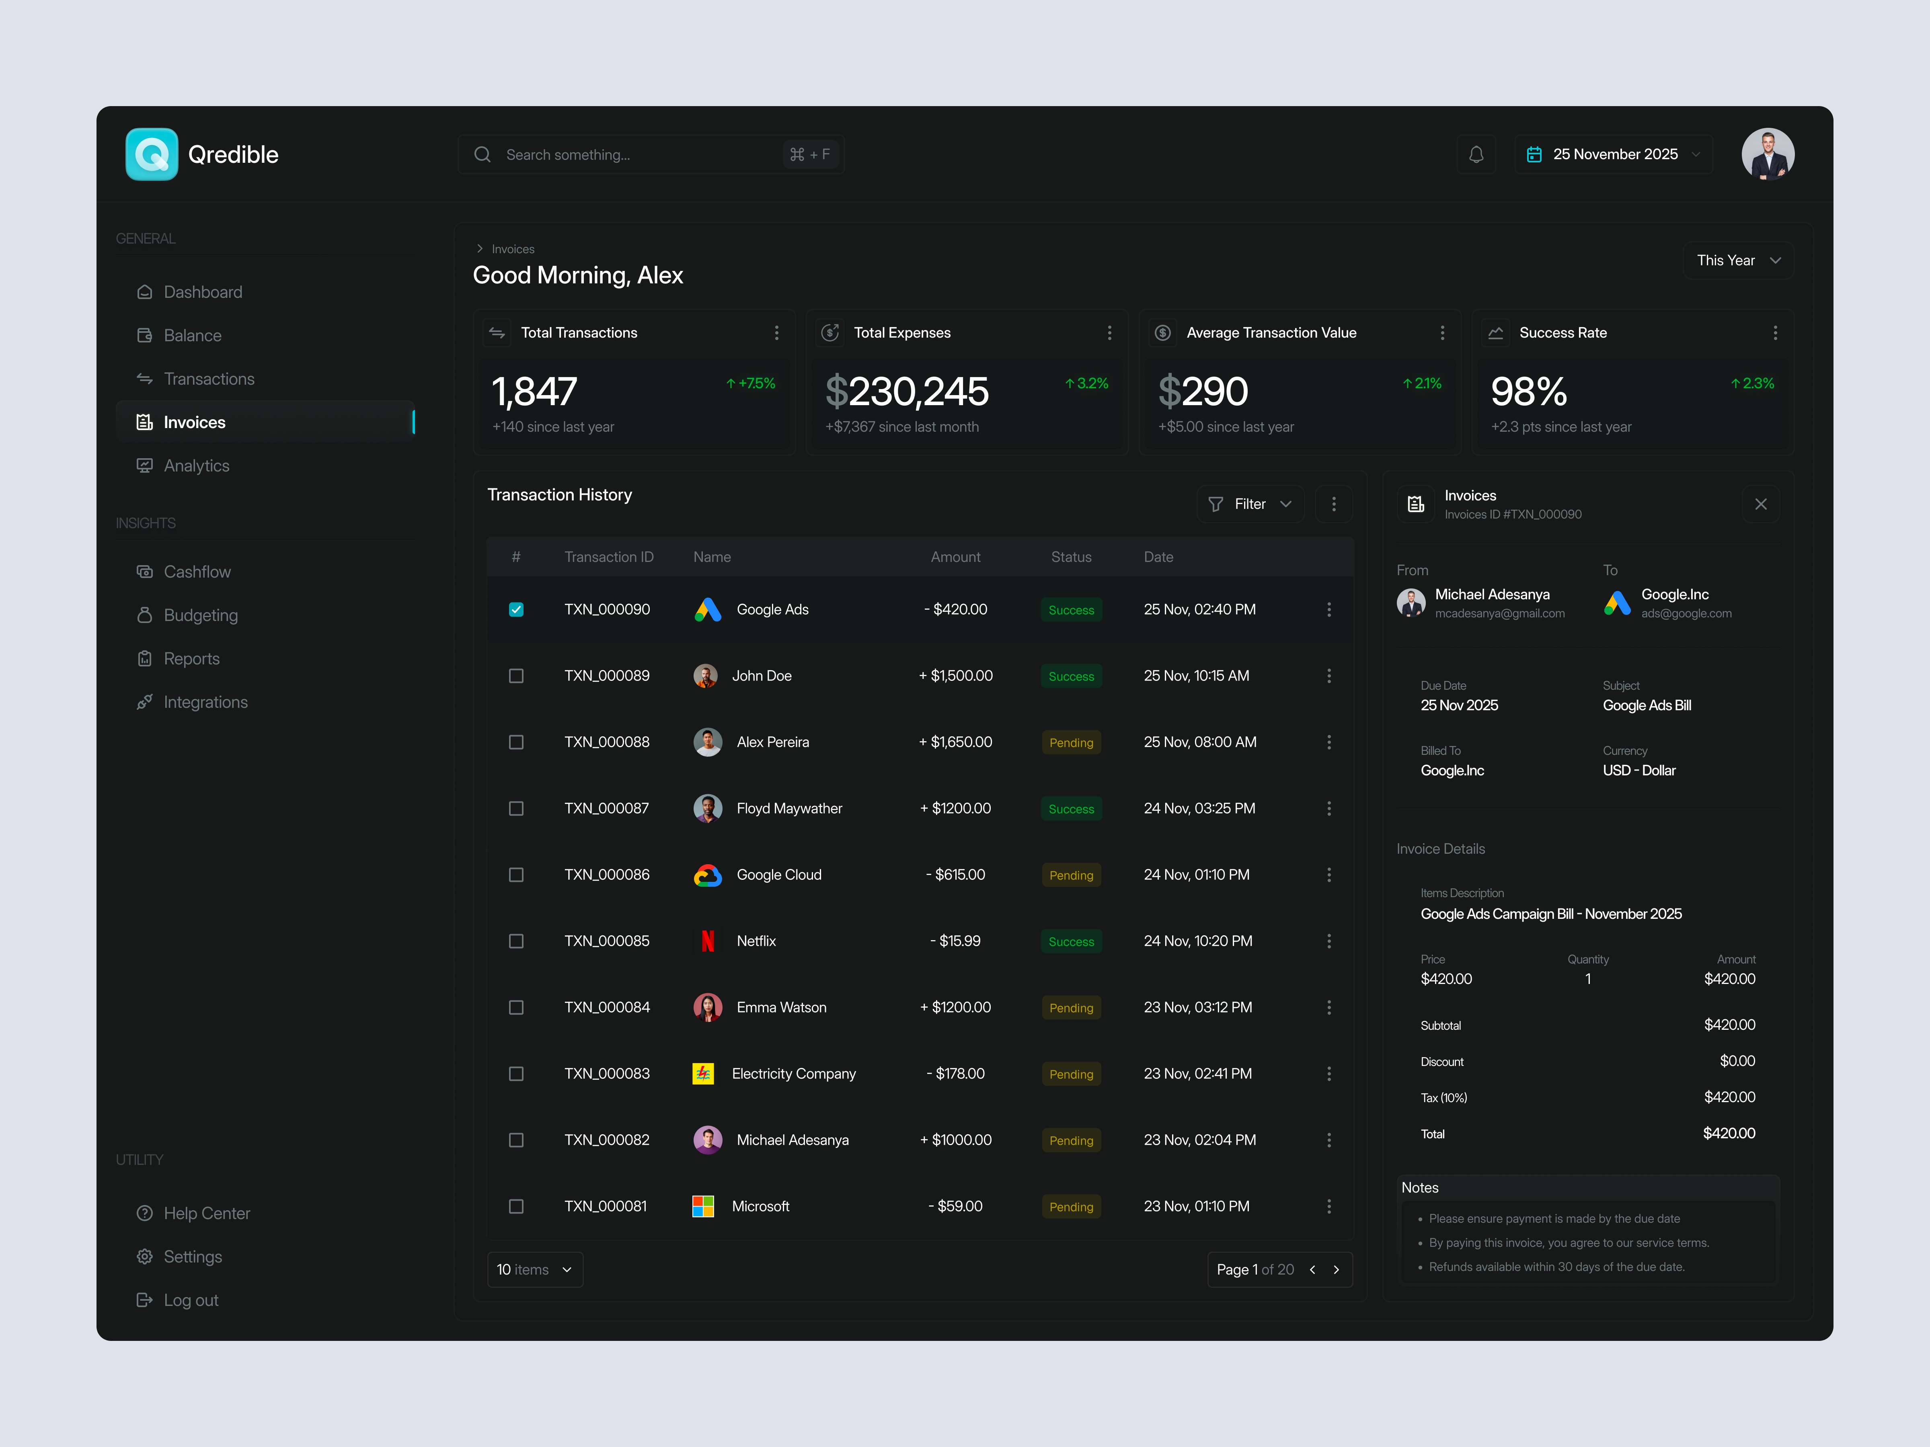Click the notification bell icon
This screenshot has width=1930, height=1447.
(x=1475, y=154)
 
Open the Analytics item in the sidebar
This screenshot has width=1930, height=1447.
(x=196, y=466)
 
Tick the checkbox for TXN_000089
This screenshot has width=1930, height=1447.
(x=515, y=676)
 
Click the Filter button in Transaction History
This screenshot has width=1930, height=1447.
(x=1249, y=504)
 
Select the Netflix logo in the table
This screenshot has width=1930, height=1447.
(x=708, y=941)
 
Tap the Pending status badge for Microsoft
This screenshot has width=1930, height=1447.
(x=1071, y=1207)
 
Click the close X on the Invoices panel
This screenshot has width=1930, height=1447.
(x=1760, y=504)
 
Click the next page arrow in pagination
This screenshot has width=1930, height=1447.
(x=1336, y=1270)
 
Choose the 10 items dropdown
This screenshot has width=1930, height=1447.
(x=534, y=1270)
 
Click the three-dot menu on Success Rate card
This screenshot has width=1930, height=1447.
(x=1775, y=333)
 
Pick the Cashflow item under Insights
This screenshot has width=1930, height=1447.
(x=197, y=572)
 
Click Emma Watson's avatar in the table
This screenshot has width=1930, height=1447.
(x=708, y=1007)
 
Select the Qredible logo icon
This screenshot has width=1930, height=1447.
(x=152, y=154)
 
